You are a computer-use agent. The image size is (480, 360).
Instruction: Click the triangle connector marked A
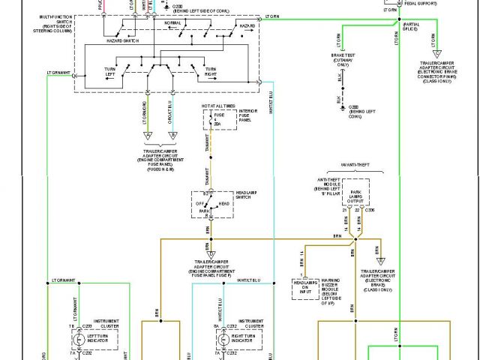(x=148, y=136)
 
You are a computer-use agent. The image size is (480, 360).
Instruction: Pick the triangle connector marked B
(x=173, y=136)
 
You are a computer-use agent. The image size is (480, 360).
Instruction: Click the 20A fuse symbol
(x=211, y=120)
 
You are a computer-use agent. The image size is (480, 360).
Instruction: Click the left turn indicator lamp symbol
(x=78, y=338)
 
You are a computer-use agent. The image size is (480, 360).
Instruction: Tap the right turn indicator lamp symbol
(x=222, y=338)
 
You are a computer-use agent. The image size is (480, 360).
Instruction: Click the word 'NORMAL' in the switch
(x=172, y=22)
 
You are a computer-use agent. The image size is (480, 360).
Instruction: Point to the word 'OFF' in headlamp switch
(x=199, y=203)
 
